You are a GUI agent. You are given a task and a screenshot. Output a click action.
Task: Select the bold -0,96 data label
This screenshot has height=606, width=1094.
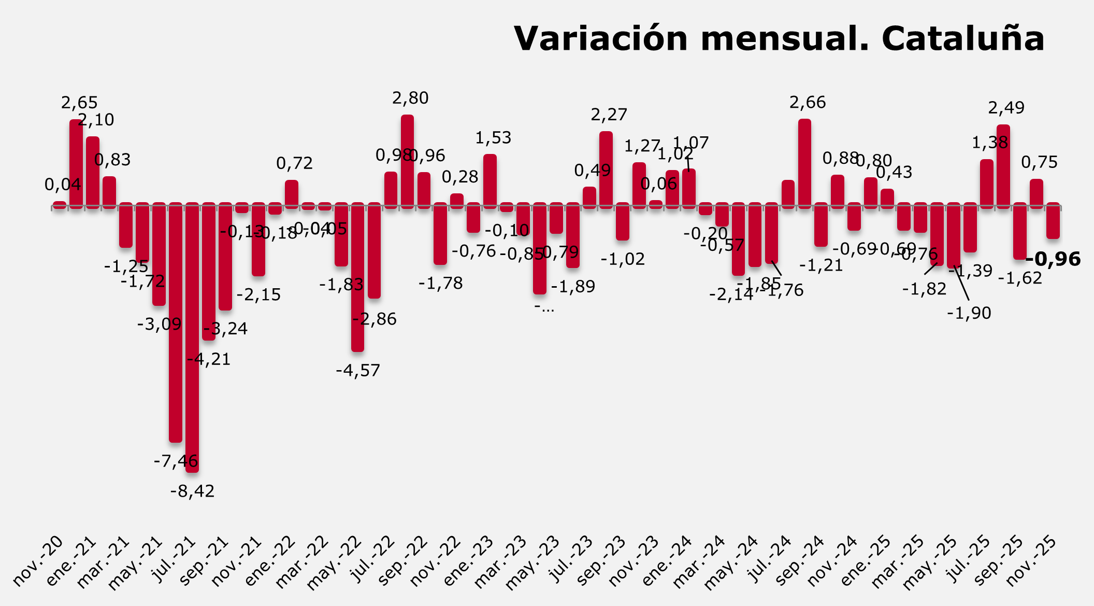[x=1053, y=259]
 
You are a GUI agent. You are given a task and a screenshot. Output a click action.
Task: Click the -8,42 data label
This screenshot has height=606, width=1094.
[x=192, y=491]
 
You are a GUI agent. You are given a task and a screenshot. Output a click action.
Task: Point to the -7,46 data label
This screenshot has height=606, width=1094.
[x=176, y=461]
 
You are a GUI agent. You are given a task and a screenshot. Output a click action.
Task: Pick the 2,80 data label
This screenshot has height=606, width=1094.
[x=410, y=98]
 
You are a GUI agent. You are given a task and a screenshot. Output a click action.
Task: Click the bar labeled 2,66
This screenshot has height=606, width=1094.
[x=804, y=163]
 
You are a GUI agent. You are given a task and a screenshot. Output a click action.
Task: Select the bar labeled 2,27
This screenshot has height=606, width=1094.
[x=606, y=170]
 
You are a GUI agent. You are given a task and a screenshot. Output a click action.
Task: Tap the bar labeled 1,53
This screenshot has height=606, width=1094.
[x=490, y=181]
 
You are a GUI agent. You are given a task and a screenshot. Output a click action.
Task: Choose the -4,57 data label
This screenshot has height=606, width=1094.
[x=358, y=371]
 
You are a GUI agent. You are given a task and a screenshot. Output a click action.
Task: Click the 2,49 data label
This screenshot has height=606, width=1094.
[x=1006, y=108]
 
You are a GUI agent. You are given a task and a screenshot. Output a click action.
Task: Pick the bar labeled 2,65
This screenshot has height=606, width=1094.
[x=76, y=163]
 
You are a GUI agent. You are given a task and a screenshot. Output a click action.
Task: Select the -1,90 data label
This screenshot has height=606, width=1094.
[x=969, y=313]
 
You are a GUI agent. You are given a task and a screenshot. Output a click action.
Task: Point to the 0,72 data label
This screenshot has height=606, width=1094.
[x=294, y=163]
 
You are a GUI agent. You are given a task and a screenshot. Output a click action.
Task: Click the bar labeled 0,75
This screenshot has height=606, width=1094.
[x=1037, y=193]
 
